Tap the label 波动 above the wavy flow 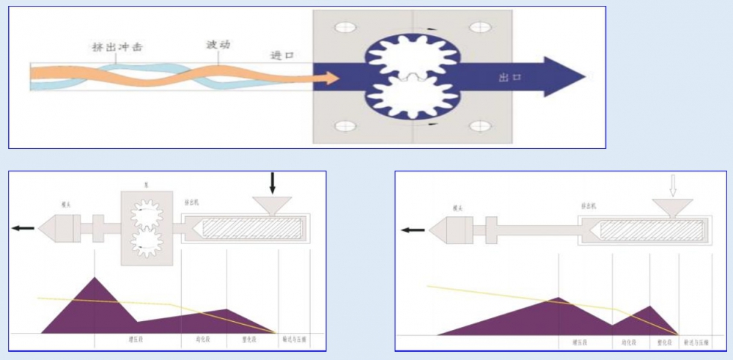pyautogui.click(x=218, y=45)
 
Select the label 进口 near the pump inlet pyautogui.click(x=281, y=56)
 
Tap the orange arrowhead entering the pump pyautogui.click(x=331, y=77)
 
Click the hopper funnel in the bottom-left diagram pyautogui.click(x=272, y=206)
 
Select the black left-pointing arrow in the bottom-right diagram pyautogui.click(x=413, y=229)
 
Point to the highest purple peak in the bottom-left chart pyautogui.click(x=95, y=279)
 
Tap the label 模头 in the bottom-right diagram pyautogui.click(x=458, y=207)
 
